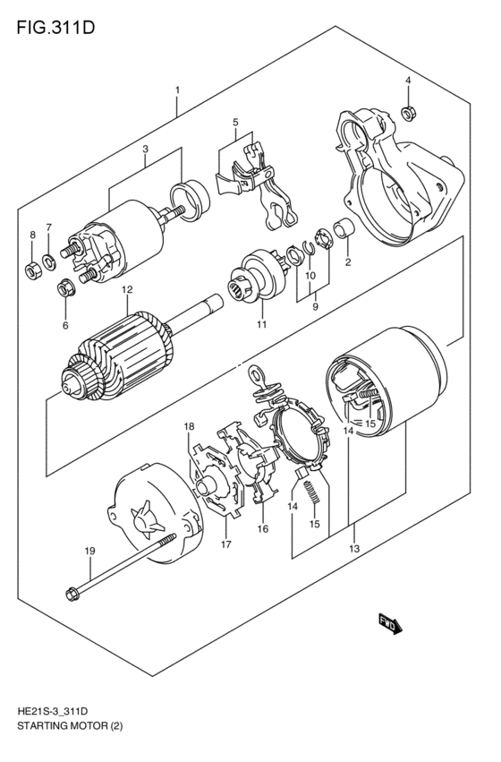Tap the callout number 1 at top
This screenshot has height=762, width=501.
click(178, 90)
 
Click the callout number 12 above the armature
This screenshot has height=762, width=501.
click(127, 290)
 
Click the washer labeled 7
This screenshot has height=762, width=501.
click(49, 261)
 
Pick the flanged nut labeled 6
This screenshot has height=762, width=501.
click(64, 288)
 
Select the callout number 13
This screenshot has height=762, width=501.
click(354, 549)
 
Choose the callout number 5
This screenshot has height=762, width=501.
click(234, 122)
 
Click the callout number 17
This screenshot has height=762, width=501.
click(226, 544)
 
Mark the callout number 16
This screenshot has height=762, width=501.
click(263, 529)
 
